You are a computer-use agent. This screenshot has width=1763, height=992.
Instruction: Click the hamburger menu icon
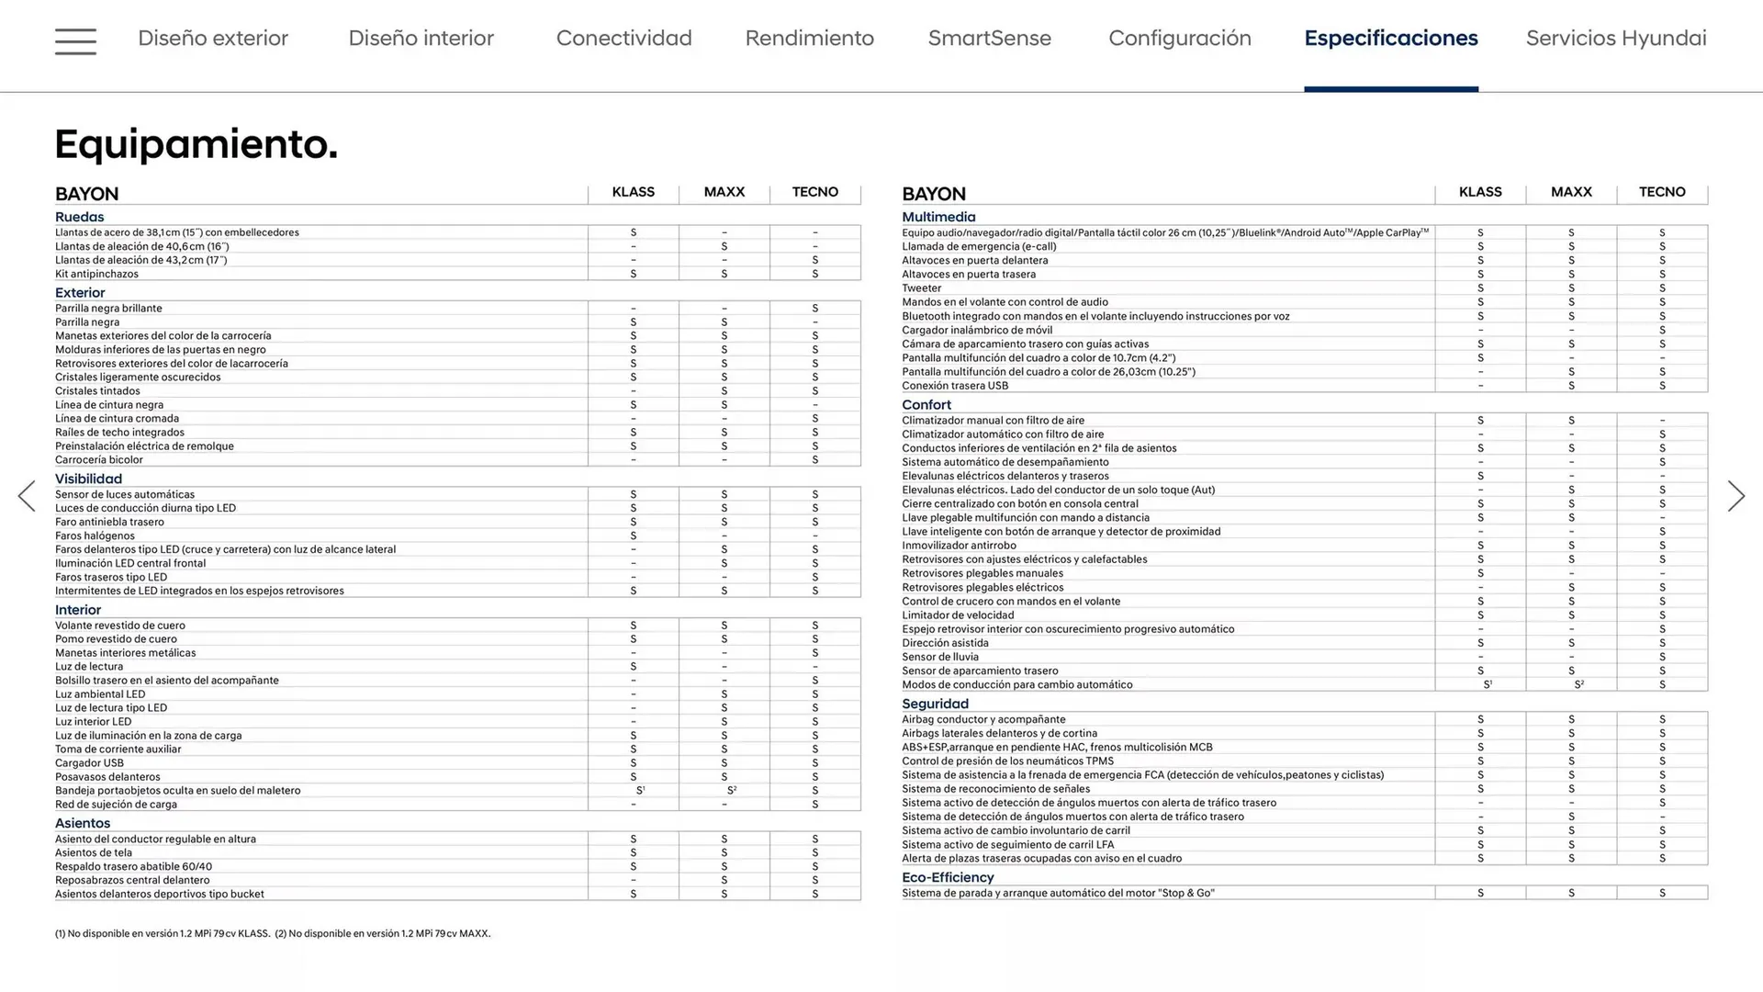(x=75, y=41)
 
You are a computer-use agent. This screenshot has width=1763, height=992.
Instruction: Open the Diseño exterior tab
(x=213, y=39)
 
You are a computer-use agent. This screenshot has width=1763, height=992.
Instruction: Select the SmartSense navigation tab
(x=989, y=39)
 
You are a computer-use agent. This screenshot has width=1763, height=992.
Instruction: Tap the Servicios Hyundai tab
(x=1616, y=39)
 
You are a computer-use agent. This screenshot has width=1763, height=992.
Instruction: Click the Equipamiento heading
(x=197, y=144)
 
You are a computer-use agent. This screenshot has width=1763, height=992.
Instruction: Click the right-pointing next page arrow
(x=1735, y=496)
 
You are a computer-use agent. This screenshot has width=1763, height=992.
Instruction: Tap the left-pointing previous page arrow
(x=27, y=496)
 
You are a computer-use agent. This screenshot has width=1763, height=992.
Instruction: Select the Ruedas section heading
(x=80, y=217)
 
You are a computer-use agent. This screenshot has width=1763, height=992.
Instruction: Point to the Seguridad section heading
(x=935, y=704)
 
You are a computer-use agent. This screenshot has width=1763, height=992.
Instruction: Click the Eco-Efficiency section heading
(x=948, y=877)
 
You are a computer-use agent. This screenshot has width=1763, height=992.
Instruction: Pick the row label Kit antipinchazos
(x=96, y=274)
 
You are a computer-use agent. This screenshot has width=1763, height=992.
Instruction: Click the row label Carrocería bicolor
(x=99, y=460)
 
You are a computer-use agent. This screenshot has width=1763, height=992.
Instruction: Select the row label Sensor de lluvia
(x=940, y=657)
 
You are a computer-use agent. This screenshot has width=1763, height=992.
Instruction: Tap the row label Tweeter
(x=922, y=288)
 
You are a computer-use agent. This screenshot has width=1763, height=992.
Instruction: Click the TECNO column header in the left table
(x=815, y=192)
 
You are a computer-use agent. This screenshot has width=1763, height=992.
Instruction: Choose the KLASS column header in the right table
(x=1480, y=192)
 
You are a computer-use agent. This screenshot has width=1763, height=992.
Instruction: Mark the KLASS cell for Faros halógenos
(x=634, y=535)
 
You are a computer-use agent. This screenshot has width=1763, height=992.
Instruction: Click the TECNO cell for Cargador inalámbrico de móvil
(x=1662, y=330)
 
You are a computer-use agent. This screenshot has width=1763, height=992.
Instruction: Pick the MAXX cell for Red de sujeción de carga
(x=724, y=805)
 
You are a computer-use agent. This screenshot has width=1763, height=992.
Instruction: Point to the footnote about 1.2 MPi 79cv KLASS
(x=163, y=933)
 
